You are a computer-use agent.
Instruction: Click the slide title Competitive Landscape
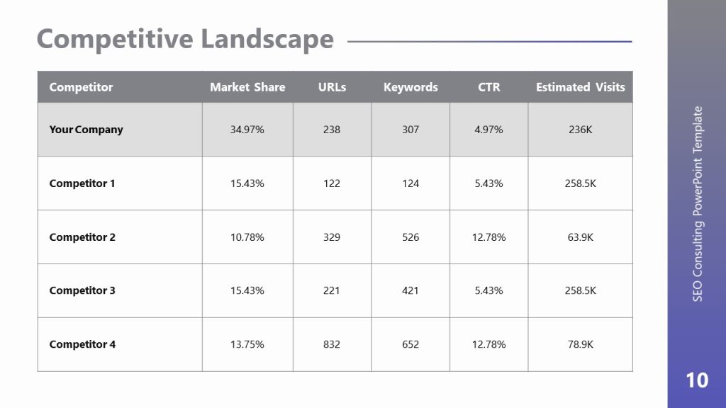click(x=185, y=39)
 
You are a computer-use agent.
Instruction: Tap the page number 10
click(x=697, y=380)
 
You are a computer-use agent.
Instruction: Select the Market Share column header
click(x=247, y=87)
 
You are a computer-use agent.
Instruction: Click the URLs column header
click(x=332, y=87)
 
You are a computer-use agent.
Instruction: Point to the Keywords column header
click(x=411, y=87)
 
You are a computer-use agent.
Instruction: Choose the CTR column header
click(x=489, y=87)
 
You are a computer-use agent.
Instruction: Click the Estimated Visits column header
click(x=580, y=87)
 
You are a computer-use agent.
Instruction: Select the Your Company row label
click(x=86, y=130)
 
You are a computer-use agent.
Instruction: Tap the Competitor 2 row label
click(x=82, y=237)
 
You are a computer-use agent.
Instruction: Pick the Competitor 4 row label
click(x=82, y=344)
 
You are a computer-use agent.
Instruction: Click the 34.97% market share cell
click(x=247, y=130)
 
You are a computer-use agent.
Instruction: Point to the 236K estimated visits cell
click(x=580, y=130)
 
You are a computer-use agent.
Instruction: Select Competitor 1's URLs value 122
click(x=332, y=183)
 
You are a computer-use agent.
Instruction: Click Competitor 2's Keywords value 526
click(x=411, y=237)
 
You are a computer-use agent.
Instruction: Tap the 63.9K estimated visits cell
click(x=580, y=237)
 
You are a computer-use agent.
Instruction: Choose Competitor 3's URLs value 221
click(x=332, y=290)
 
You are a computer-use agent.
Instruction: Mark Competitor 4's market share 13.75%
click(x=247, y=344)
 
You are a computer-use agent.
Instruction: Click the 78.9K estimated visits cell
click(x=580, y=344)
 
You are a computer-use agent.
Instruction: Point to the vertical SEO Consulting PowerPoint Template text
click(x=698, y=204)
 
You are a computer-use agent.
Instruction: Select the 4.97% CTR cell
click(x=488, y=130)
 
